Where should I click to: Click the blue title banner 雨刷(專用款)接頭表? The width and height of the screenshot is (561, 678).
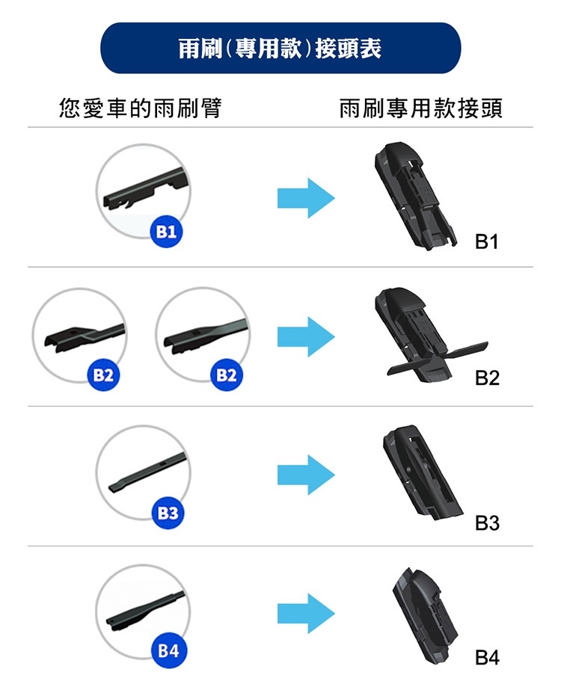coord(280,48)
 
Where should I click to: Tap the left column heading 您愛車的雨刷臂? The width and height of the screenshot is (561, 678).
coord(141,108)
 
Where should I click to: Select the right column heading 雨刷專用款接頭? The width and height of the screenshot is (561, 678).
coord(420,108)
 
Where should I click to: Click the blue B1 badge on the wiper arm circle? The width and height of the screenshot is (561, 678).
coord(166,232)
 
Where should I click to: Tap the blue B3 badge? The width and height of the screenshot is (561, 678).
coord(168,514)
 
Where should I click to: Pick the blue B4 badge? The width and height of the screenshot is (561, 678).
coord(168,651)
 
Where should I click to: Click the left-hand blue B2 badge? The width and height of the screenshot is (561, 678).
coord(103,375)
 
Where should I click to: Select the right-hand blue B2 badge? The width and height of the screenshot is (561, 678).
coord(227,375)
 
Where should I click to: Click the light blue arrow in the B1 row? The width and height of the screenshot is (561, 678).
coord(306,198)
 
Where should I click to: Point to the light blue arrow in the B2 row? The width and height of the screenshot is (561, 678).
coord(306,337)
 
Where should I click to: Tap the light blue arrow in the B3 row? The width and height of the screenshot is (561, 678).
coord(306,475)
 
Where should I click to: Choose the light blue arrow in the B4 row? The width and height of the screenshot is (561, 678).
coord(306,614)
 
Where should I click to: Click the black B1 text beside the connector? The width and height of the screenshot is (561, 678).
coord(487,241)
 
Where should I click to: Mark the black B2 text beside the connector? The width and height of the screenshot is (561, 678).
coord(487,378)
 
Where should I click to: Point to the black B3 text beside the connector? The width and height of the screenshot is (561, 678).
coord(487,523)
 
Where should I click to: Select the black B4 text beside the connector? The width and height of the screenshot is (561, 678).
coord(487,658)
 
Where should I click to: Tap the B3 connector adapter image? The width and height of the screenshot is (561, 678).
coord(422,473)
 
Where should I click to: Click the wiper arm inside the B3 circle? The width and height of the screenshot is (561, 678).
coord(147,472)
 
